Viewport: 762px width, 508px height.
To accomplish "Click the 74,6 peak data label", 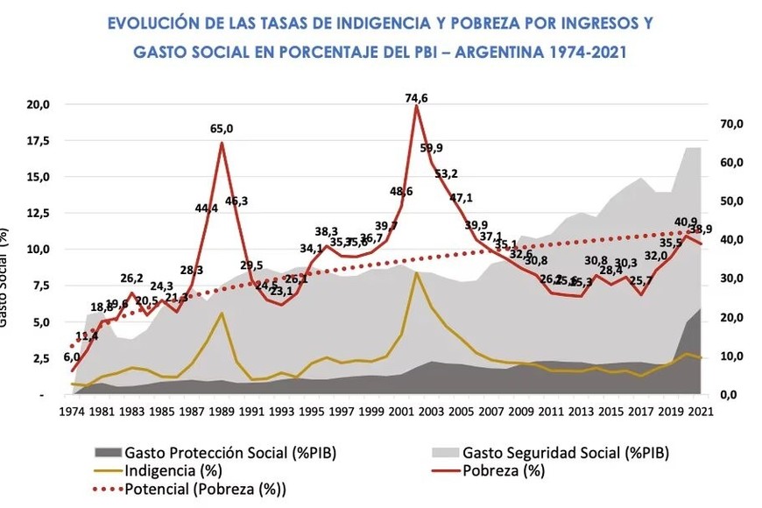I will [416, 98].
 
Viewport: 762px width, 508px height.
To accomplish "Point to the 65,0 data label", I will [222, 129].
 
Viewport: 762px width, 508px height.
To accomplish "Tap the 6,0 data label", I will [71, 356].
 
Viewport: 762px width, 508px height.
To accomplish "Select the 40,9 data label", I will [686, 222].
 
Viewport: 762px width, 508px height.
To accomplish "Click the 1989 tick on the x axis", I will [222, 410].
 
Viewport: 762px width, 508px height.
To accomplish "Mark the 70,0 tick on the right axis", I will [731, 123].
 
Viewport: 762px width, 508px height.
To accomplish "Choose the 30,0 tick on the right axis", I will [731, 279].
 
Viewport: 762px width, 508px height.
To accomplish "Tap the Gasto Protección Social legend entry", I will [229, 453].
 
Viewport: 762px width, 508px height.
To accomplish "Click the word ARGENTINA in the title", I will [498, 52].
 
